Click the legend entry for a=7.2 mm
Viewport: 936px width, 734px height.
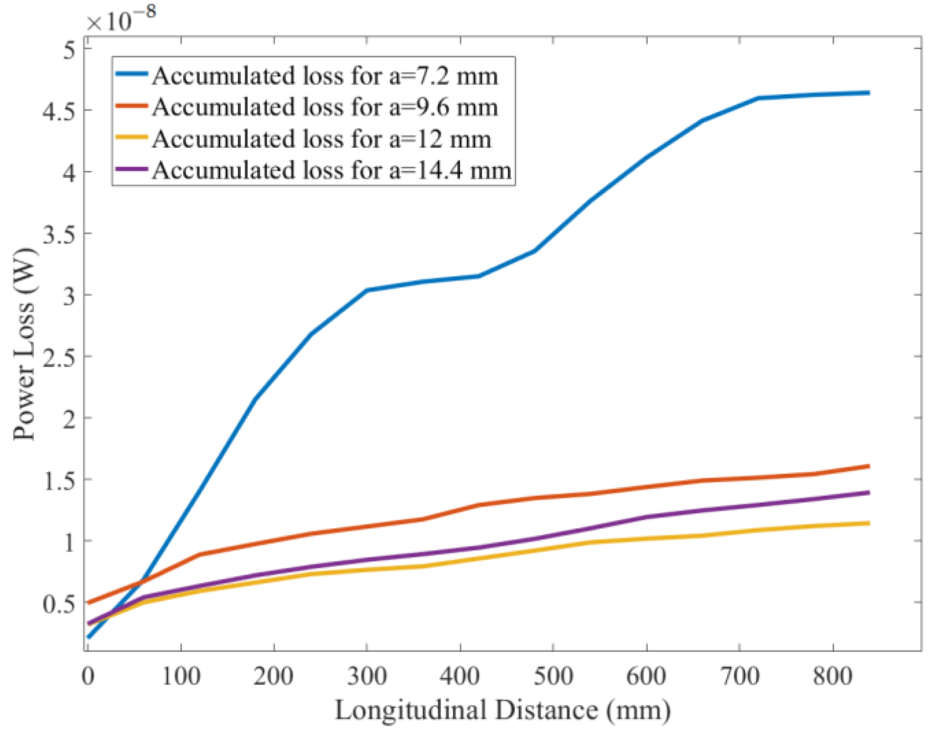coord(325,76)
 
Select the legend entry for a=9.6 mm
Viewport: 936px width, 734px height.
coord(325,107)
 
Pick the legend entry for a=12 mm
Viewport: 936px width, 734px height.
coord(321,139)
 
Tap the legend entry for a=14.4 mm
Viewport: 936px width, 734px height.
coord(331,170)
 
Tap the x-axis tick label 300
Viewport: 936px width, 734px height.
coord(367,675)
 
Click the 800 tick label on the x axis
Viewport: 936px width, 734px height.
coord(833,675)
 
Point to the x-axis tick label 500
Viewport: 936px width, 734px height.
coord(553,675)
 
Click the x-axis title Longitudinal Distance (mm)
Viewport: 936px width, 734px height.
coord(502,710)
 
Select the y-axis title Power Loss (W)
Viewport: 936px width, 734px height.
coord(24,344)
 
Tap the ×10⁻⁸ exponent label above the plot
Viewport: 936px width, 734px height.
coord(121,19)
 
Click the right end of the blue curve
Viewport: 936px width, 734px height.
coord(869,93)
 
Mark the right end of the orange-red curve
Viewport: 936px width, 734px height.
coord(869,466)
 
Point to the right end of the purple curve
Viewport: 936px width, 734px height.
coord(869,492)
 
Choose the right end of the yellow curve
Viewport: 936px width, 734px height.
coord(869,523)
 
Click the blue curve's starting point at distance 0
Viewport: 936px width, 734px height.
coord(89,636)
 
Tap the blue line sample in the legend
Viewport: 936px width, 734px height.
coord(131,73)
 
